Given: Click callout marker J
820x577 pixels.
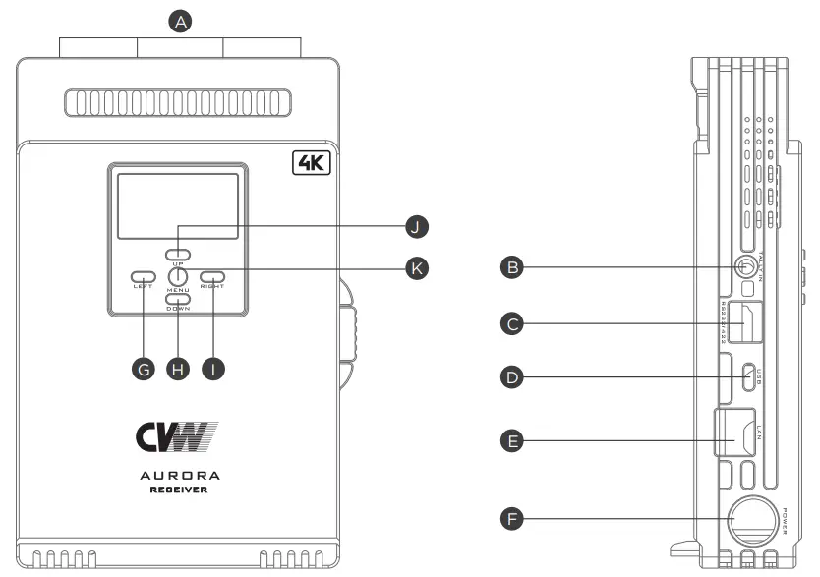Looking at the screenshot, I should click(419, 227).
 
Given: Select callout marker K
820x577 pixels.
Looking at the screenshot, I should click(419, 266).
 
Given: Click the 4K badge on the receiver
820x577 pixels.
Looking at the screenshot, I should click(314, 162).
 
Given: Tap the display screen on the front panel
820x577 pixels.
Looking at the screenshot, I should click(178, 204).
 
